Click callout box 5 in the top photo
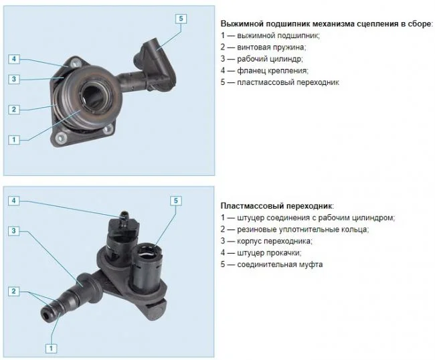coord(181,19)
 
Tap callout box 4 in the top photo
coord(14,59)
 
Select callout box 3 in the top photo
coord(14,80)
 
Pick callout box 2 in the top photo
coord(14,109)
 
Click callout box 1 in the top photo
coord(14,139)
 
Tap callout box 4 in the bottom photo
coord(14,201)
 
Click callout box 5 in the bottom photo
coord(175,201)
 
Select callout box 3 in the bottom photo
coord(14,231)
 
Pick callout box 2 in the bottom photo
coord(14,291)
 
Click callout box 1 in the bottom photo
coord(51,348)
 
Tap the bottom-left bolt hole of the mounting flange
coord(60,137)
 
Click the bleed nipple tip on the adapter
coord(123,214)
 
